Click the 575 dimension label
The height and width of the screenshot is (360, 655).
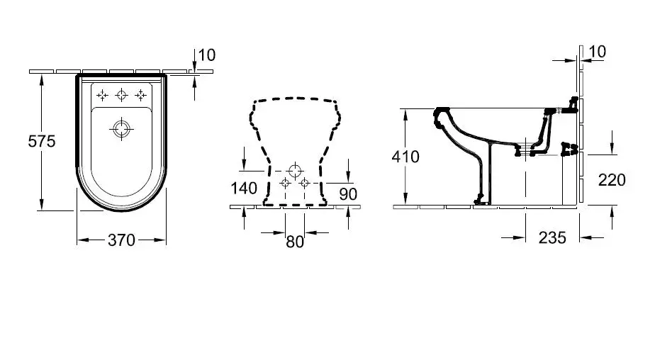coord(42,141)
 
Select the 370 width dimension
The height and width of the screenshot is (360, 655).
coord(121,240)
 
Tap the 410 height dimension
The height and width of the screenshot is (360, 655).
coord(405,157)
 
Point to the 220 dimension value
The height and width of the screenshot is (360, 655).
coord(612,180)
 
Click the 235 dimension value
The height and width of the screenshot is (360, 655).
coord(552,237)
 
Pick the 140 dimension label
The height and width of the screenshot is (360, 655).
coord(244,189)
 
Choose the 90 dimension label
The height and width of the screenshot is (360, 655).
coord(348,194)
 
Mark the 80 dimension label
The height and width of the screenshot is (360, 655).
coord(295,242)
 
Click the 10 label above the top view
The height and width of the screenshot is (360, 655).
coord(207,55)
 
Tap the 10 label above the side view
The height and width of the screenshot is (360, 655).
coord(598,51)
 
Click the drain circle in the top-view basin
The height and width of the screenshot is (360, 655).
coord(121,129)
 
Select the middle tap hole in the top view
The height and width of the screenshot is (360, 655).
coord(121,95)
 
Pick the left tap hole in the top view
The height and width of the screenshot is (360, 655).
coord(102,96)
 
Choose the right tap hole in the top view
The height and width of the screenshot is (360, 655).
coord(141,96)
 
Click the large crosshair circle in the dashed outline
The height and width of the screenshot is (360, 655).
coord(295,170)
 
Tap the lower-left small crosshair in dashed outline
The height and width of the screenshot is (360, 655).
coord(285,183)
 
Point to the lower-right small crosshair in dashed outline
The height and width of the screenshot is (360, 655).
coord(305,183)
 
